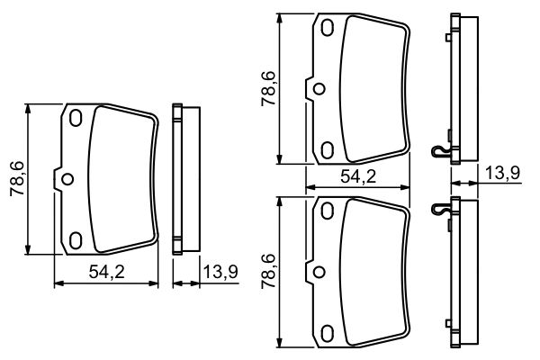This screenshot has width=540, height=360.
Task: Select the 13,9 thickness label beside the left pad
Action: [x=220, y=272]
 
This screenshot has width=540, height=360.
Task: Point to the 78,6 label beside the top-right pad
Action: [x=267, y=90]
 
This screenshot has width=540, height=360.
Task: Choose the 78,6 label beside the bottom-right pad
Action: [x=267, y=271]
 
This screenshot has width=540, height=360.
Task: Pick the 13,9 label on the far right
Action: [x=502, y=173]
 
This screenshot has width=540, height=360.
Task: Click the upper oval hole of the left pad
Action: [x=76, y=118]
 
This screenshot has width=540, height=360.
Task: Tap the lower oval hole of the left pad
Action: [x=76, y=239]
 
